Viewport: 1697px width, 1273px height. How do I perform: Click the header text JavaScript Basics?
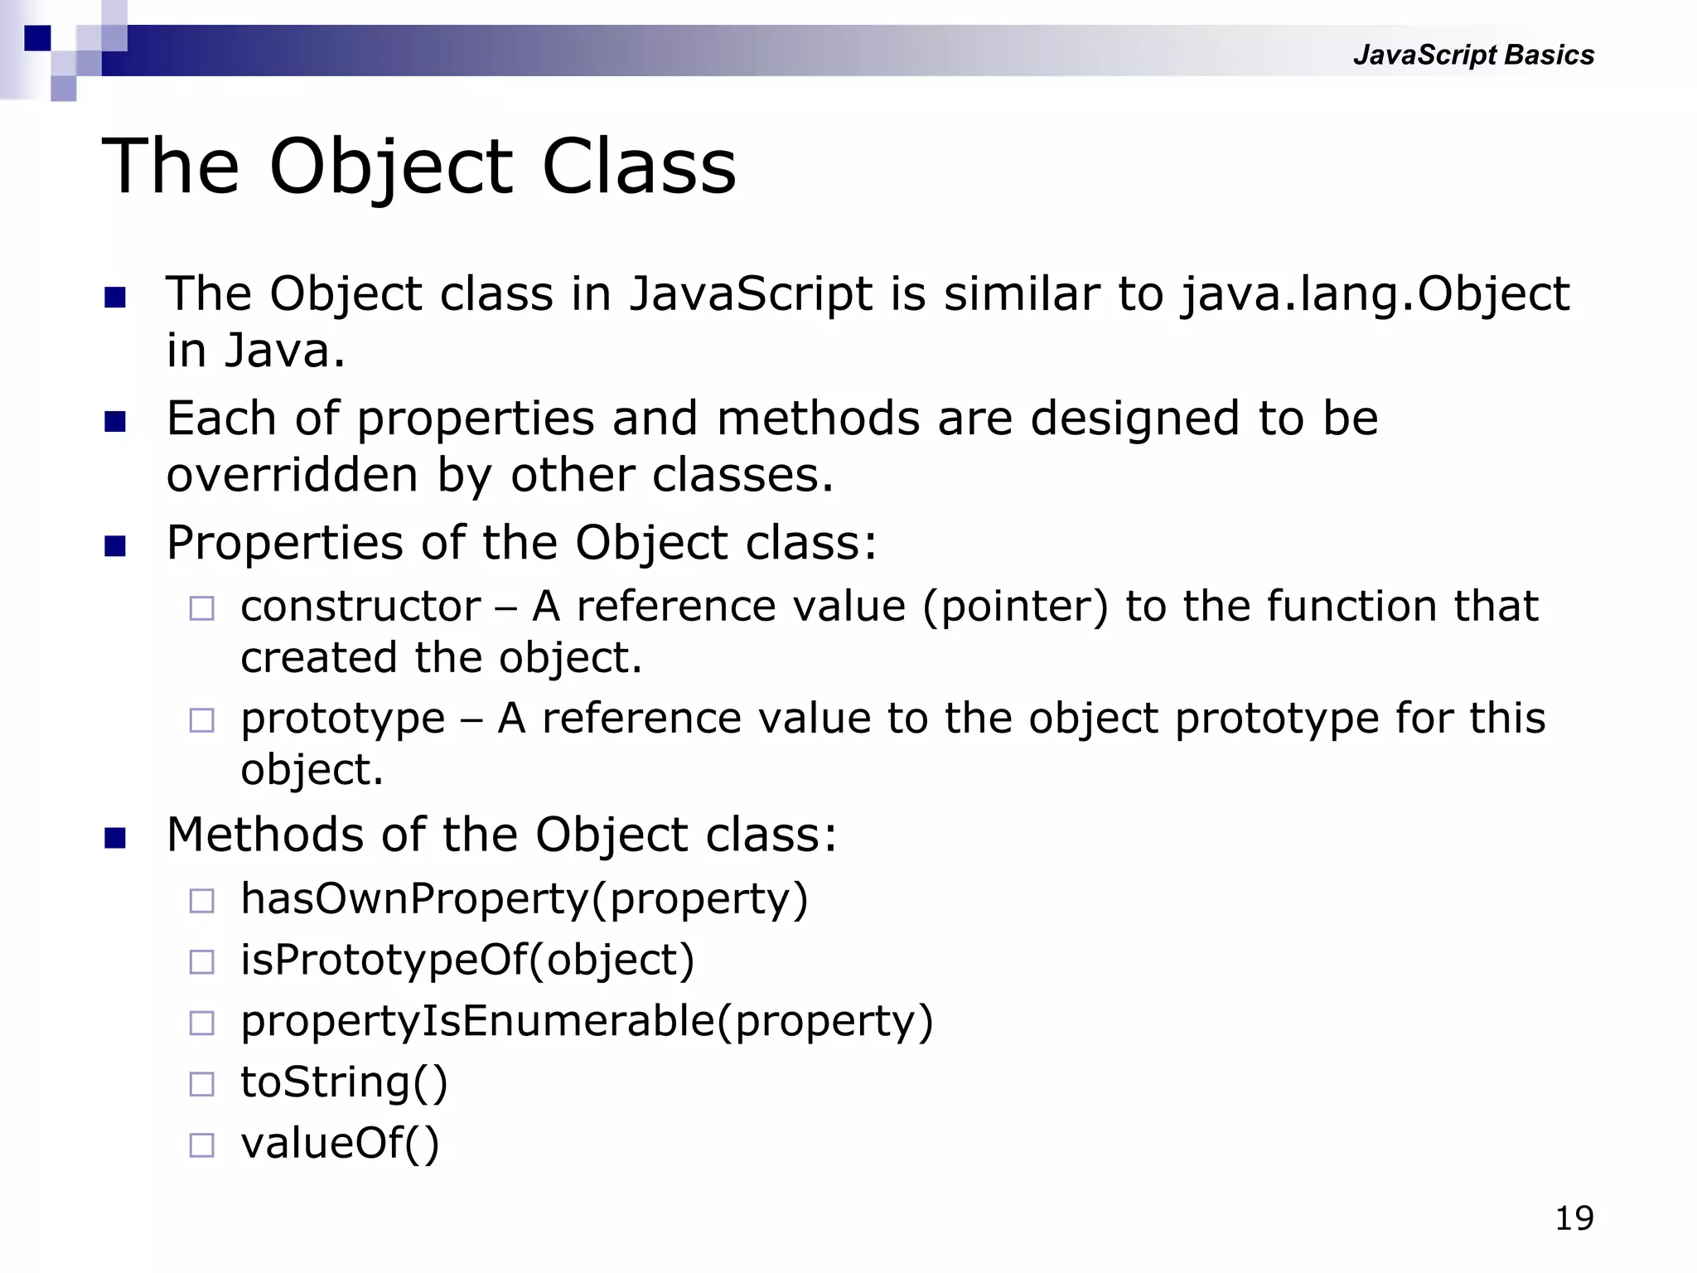[1472, 55]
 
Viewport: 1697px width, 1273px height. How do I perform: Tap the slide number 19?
[1574, 1218]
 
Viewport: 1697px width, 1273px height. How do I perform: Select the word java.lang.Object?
[1375, 294]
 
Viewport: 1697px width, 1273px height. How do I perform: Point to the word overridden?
[292, 476]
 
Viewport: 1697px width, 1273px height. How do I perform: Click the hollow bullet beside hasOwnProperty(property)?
[201, 900]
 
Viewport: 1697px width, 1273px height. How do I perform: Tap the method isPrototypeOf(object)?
[467, 960]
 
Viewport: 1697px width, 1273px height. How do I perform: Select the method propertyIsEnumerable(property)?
[587, 1021]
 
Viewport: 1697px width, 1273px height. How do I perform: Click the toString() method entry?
[344, 1082]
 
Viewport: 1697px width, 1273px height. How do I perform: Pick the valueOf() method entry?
[340, 1144]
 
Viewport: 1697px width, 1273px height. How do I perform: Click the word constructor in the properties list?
[360, 607]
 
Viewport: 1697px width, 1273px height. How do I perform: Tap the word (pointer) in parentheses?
[1015, 607]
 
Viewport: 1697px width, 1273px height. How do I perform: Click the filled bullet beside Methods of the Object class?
[115, 838]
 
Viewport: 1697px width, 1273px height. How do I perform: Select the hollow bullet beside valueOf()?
[201, 1145]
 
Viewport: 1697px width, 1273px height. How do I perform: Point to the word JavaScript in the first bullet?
[750, 294]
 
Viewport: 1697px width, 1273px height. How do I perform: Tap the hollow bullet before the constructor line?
[201, 608]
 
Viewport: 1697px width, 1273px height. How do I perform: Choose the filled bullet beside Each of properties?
[115, 422]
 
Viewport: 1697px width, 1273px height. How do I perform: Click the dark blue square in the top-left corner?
[37, 38]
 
